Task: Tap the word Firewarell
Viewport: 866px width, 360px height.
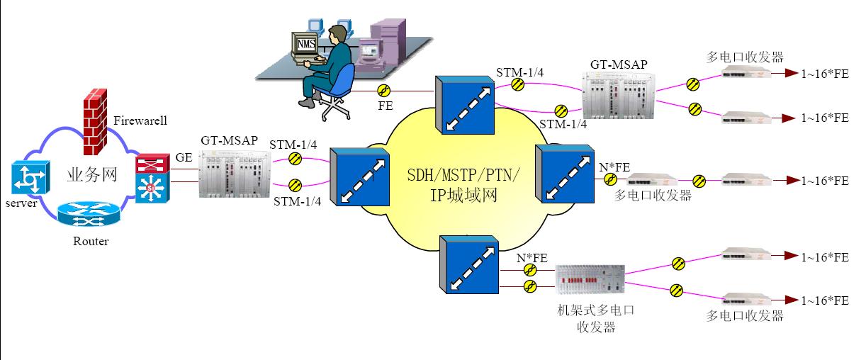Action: (x=140, y=120)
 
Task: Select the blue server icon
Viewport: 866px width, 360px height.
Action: (x=30, y=177)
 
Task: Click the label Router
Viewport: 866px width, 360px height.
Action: (x=91, y=242)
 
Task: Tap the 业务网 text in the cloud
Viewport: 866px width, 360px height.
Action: (x=91, y=176)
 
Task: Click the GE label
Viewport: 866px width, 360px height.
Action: (x=184, y=157)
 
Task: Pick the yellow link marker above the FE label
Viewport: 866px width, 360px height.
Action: (x=383, y=91)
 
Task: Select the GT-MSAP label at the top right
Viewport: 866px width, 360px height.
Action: (x=619, y=64)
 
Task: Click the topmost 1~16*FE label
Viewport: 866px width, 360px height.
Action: (x=824, y=74)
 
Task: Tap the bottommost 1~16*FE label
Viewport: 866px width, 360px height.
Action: (x=824, y=300)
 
